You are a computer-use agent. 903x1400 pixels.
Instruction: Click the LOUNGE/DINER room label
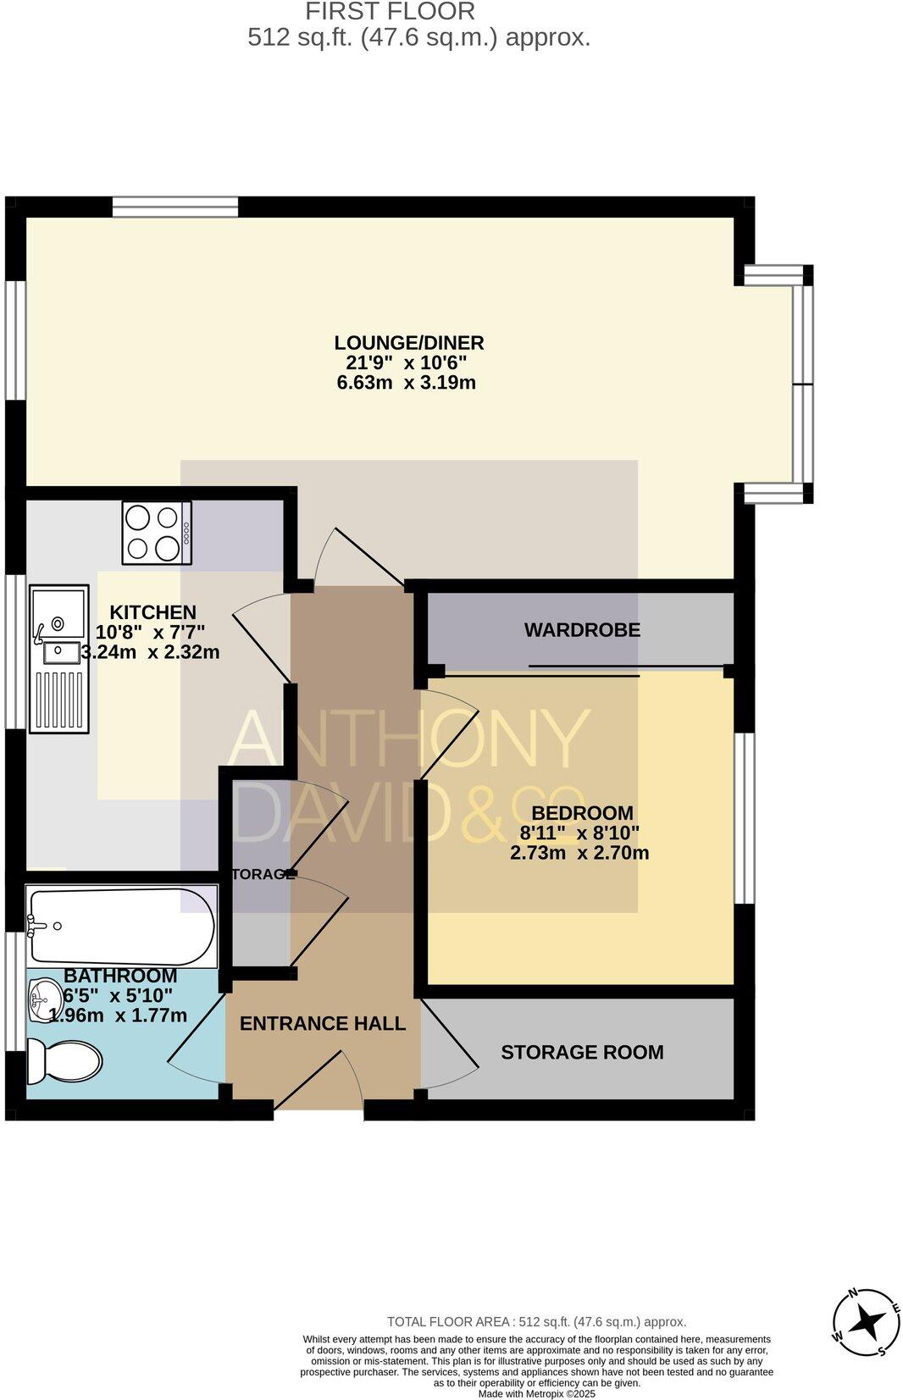point(408,343)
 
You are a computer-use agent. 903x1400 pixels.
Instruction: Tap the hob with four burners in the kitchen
point(157,533)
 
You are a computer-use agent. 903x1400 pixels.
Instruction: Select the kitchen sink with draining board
point(59,657)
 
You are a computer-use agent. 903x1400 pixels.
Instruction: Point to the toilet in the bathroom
point(64,1061)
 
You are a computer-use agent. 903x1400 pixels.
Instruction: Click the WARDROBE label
point(582,630)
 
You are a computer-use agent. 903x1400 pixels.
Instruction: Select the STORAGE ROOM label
point(582,1052)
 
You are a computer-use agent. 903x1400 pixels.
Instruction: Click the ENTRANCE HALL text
point(323,1023)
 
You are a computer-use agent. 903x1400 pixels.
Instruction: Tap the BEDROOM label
point(582,813)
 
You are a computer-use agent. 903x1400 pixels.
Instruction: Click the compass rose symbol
point(865,1321)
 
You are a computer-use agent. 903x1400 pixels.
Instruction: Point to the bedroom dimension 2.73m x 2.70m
point(579,853)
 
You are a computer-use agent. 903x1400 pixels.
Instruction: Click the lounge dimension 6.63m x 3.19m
point(407,383)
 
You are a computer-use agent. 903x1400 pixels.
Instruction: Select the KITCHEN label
point(152,612)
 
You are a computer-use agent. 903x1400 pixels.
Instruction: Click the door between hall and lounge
point(356,555)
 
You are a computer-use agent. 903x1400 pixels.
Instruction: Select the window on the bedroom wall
point(744,818)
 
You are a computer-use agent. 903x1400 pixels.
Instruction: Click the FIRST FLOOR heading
point(390,12)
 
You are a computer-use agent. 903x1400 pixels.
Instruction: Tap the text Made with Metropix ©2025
point(536,1393)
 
